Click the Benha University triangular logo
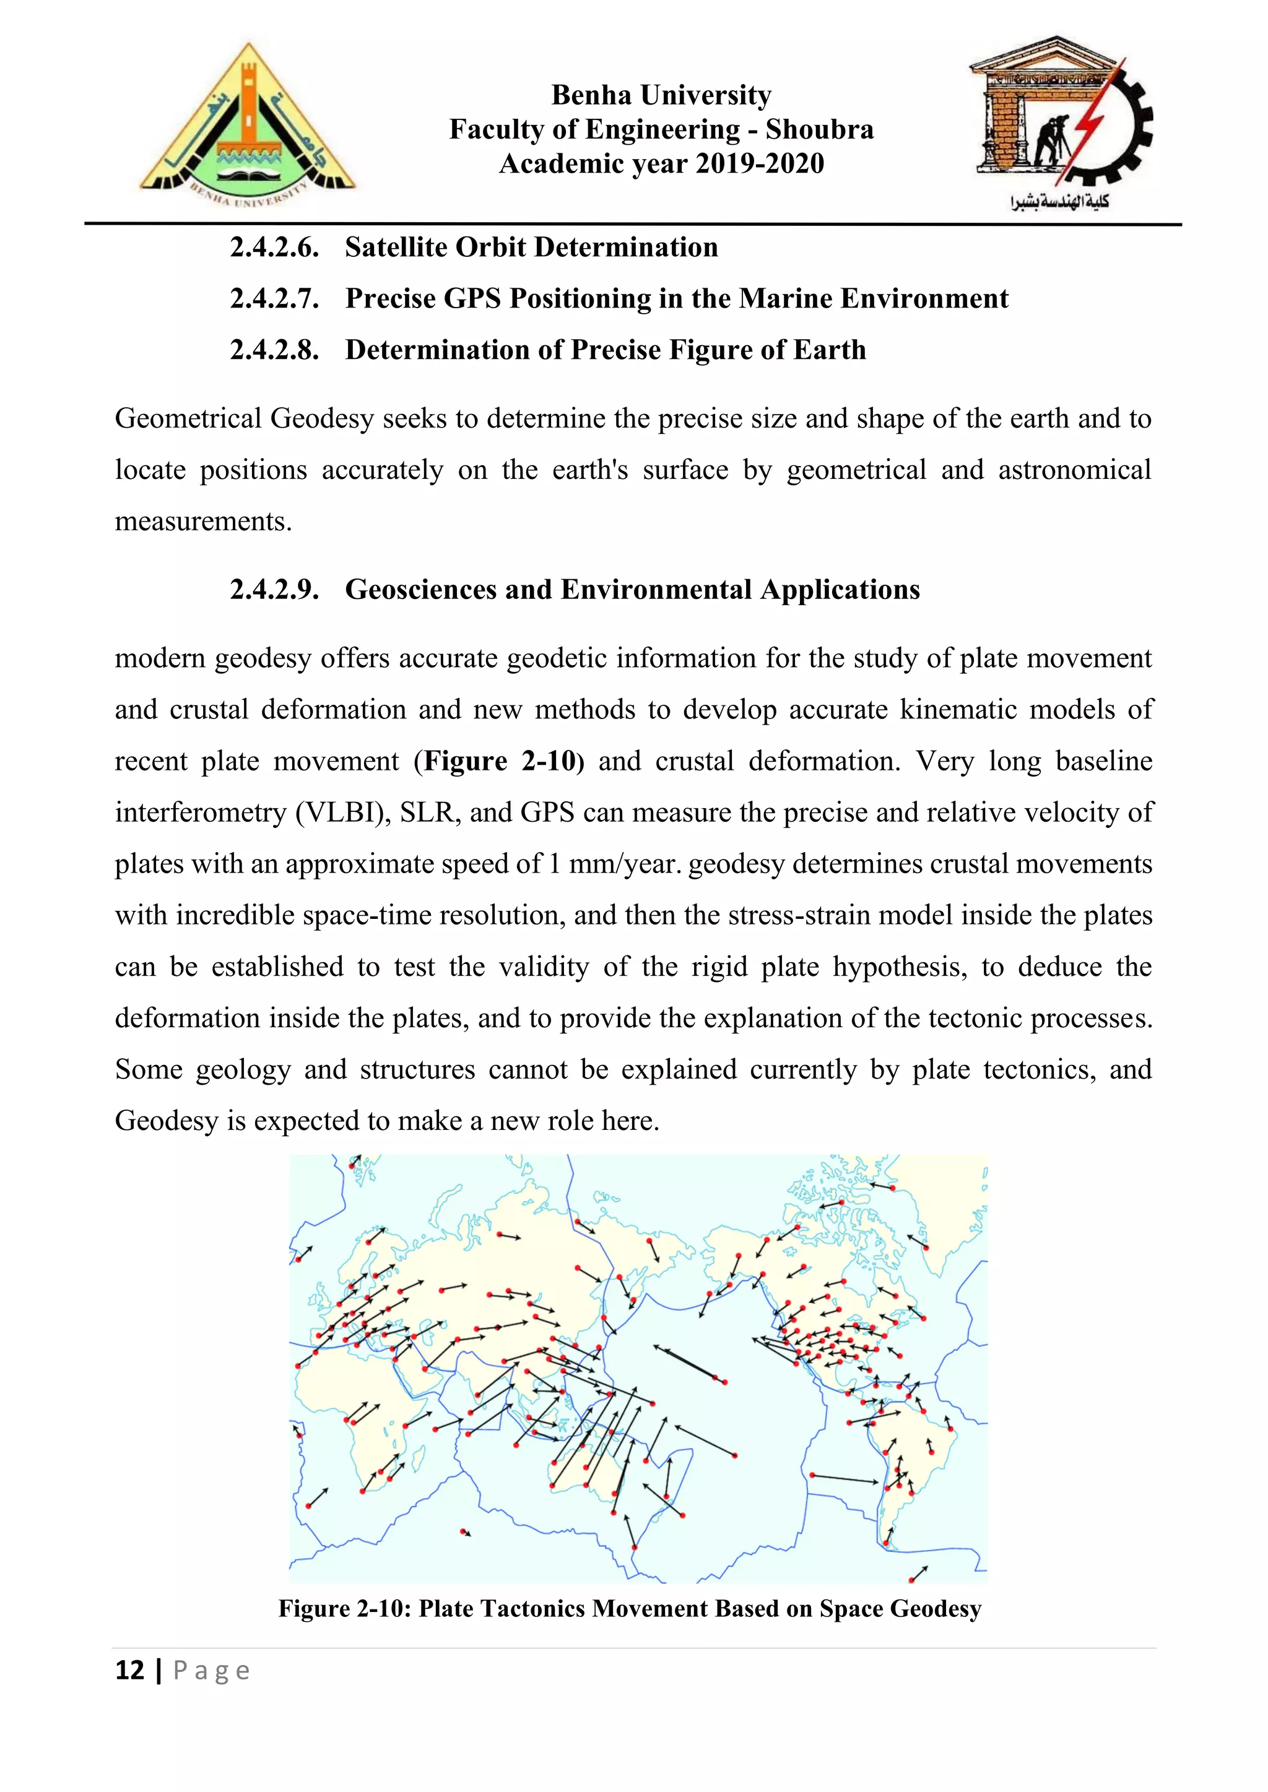point(248,125)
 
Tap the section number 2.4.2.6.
point(274,248)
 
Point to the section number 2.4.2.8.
point(274,350)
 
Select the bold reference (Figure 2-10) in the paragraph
point(499,761)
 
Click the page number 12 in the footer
point(129,1671)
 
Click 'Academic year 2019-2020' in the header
point(661,164)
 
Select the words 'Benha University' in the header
point(661,95)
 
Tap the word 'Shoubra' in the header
point(819,129)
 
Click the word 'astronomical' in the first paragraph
point(1074,470)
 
